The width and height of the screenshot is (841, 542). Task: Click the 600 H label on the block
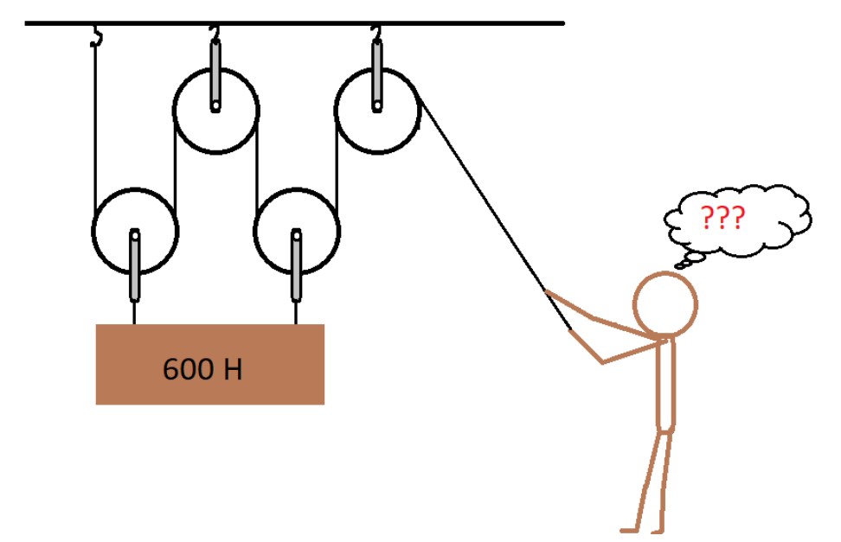[x=202, y=370]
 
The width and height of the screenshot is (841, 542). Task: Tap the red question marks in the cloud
[x=721, y=218]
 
